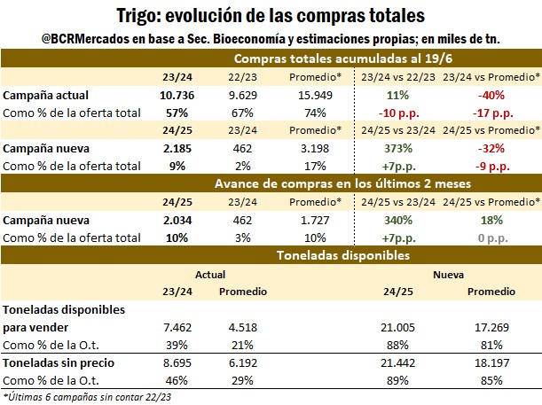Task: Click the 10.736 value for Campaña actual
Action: [177, 94]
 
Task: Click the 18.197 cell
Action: [491, 364]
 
